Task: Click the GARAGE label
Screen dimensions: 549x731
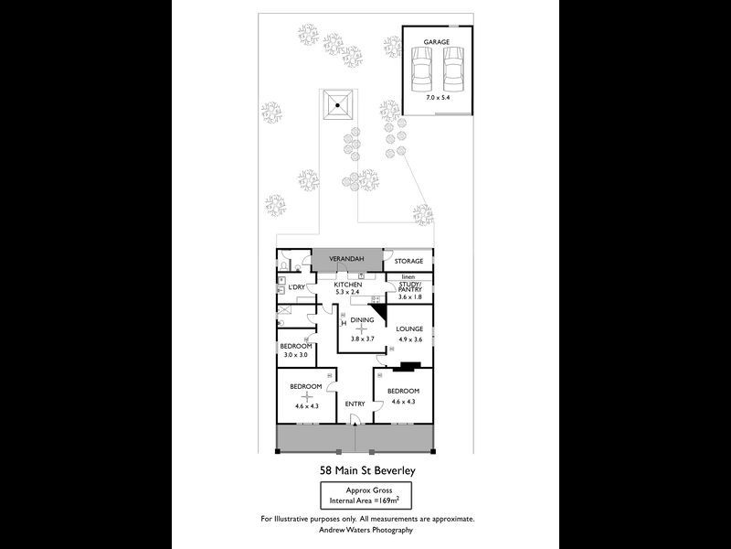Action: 436,41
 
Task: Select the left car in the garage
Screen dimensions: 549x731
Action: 422,63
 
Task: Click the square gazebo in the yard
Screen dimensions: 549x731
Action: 337,106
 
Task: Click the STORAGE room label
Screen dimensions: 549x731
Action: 408,261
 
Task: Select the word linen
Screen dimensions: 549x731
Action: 408,275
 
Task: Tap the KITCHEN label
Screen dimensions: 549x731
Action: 348,285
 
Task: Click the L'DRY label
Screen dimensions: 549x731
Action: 296,288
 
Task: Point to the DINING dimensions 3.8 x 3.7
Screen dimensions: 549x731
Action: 364,338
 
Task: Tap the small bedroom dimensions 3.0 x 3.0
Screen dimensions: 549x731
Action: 296,354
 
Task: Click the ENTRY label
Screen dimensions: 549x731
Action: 355,404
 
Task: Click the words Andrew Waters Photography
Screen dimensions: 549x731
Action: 365,529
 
